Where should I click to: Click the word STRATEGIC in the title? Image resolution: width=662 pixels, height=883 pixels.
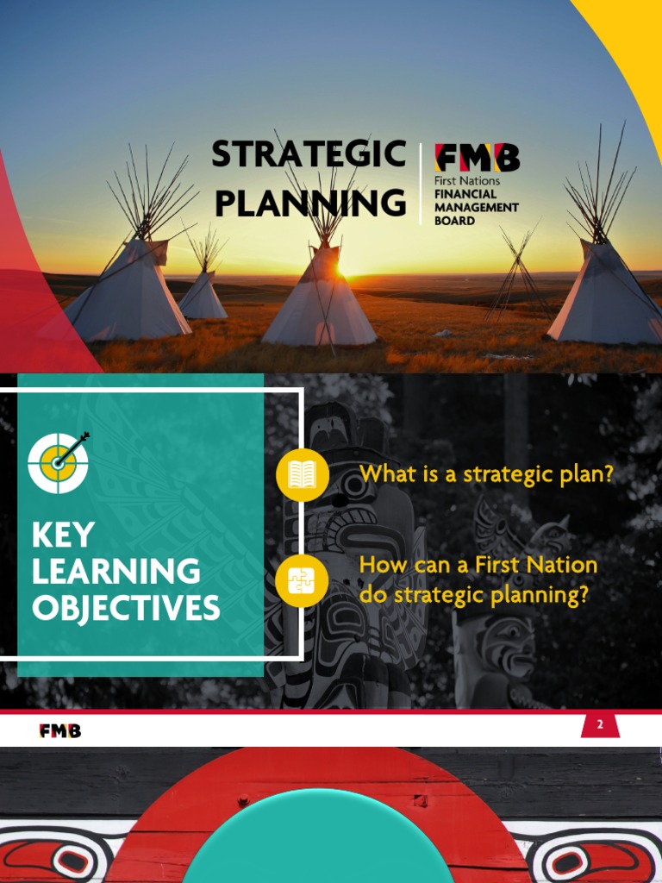(x=309, y=155)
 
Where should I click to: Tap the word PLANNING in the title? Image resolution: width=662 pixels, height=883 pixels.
(x=309, y=204)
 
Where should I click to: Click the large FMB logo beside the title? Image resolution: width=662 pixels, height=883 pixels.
(x=478, y=158)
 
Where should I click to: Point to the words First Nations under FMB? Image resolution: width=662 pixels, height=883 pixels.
(x=467, y=182)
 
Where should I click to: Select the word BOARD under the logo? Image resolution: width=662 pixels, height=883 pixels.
(x=455, y=220)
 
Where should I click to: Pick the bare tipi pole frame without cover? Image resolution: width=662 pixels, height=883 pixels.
(x=517, y=276)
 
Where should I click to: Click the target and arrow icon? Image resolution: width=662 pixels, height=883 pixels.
(x=59, y=461)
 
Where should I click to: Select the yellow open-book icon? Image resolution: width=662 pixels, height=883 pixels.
(x=302, y=474)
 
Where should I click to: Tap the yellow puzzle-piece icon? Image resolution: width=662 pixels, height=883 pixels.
(x=302, y=581)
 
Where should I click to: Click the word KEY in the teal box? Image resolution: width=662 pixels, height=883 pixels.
(x=62, y=535)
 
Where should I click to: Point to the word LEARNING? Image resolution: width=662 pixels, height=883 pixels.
(x=116, y=572)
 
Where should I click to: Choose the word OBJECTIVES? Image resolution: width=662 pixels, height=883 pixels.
(x=126, y=608)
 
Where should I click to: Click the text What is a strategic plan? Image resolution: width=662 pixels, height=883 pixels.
(x=486, y=474)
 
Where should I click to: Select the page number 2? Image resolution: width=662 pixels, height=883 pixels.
(x=600, y=725)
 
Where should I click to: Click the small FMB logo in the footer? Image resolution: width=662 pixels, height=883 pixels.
(x=60, y=730)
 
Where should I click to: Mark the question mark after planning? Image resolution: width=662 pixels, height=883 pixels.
(x=583, y=596)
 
